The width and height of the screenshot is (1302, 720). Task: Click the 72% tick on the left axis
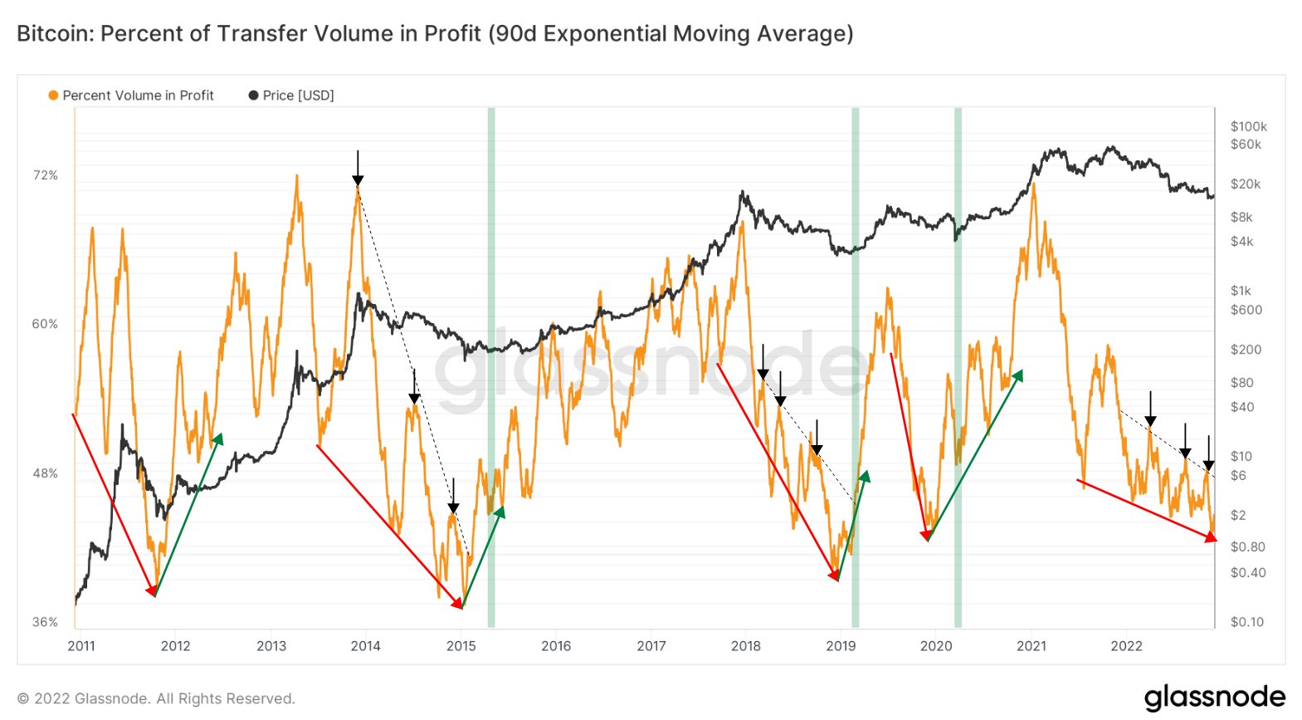pos(45,175)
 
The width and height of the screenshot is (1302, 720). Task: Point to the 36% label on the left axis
pos(45,622)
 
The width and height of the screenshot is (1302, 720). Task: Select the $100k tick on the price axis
pos(1248,126)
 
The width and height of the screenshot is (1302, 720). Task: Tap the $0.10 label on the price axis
pos(1247,622)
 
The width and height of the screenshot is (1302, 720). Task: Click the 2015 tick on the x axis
pos(461,646)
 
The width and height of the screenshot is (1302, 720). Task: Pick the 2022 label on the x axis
pos(1126,646)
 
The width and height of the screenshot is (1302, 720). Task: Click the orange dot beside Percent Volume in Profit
pos(53,96)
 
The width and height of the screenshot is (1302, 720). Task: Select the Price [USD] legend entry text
pos(298,96)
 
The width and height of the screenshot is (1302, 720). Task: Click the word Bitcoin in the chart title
pos(54,34)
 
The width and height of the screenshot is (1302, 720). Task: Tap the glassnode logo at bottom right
pos(1214,697)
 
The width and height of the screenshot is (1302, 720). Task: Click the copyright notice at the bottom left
pos(156,698)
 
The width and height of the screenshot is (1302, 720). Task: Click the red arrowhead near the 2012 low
pos(153,591)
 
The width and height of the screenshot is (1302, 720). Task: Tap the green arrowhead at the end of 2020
pos(1018,375)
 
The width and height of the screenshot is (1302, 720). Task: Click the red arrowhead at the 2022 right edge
pos(1211,538)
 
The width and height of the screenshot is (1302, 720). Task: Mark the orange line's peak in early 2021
pos(1034,184)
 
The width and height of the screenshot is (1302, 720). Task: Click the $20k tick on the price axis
pos(1245,184)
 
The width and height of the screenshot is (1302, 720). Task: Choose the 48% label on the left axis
pos(45,473)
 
